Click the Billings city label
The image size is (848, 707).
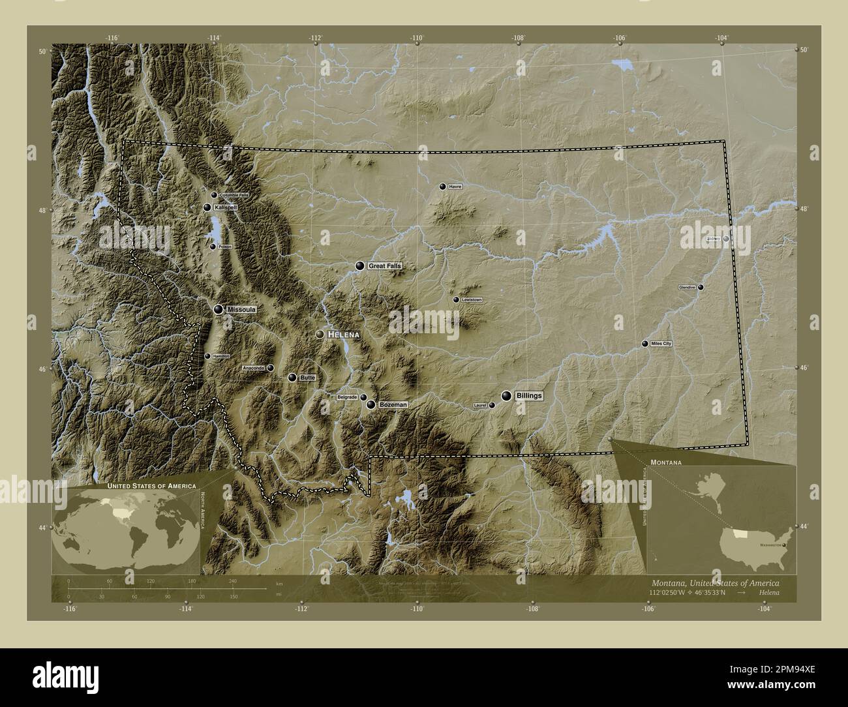pos(529,396)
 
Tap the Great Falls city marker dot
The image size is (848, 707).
pos(359,266)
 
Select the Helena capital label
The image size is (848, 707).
pos(344,334)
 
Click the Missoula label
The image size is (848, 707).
pos(241,310)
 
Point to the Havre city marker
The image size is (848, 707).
pos(443,187)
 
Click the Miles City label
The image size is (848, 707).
pos(660,344)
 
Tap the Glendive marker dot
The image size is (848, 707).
pos(701,287)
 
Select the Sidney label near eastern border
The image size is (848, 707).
pos(714,239)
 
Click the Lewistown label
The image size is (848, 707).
pos(471,299)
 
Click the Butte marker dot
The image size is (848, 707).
pos(292,378)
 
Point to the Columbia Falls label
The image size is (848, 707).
pos(234,195)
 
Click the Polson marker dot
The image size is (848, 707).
pos(213,247)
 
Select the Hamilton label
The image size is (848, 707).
pos(221,356)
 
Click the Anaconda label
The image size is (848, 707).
pos(254,368)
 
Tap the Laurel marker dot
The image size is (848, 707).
pos(492,405)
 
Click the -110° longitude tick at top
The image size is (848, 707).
pos(417,38)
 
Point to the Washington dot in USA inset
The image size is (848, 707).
pos(784,544)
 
